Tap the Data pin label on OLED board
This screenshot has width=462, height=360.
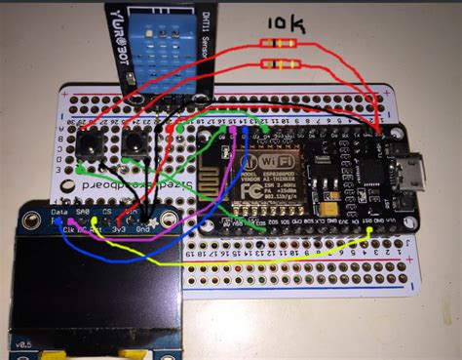tap(59, 210)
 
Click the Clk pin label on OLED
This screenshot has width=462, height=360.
tap(68, 225)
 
